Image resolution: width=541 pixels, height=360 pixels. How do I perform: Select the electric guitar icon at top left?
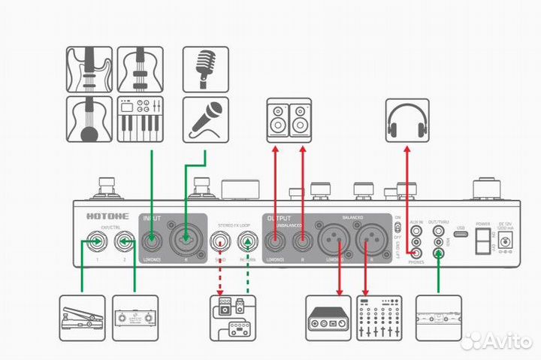(x=89, y=70)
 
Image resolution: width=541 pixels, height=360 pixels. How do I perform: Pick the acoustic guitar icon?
(x=89, y=119)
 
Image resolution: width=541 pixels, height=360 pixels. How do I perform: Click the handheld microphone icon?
(x=206, y=119)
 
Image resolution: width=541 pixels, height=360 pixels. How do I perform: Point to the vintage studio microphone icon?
(x=206, y=70)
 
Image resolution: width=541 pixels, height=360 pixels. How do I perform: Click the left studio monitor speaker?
(x=277, y=119)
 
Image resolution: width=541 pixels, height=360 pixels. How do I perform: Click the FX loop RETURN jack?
(x=246, y=242)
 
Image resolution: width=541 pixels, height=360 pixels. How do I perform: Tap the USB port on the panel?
(x=461, y=235)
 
